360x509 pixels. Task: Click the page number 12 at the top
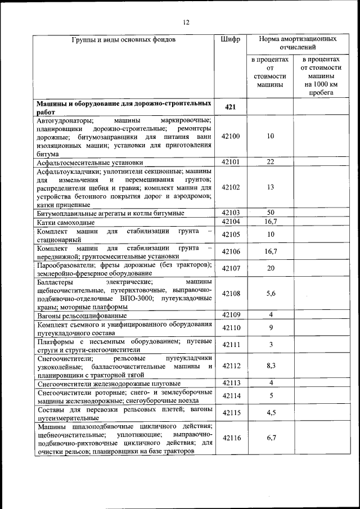(186, 22)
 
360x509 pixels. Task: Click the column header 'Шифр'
(231, 40)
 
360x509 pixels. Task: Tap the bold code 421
(231, 107)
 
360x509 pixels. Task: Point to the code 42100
(231, 137)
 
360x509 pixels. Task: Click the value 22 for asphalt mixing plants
(270, 162)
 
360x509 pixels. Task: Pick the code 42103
(231, 213)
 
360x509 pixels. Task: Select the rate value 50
(270, 213)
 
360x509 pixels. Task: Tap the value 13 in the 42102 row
(270, 187)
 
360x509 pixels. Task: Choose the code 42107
(231, 268)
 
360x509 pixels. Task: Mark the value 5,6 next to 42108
(270, 294)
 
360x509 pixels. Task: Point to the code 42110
(231, 328)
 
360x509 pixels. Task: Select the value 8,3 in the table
(270, 366)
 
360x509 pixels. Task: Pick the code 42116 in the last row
(231, 438)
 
